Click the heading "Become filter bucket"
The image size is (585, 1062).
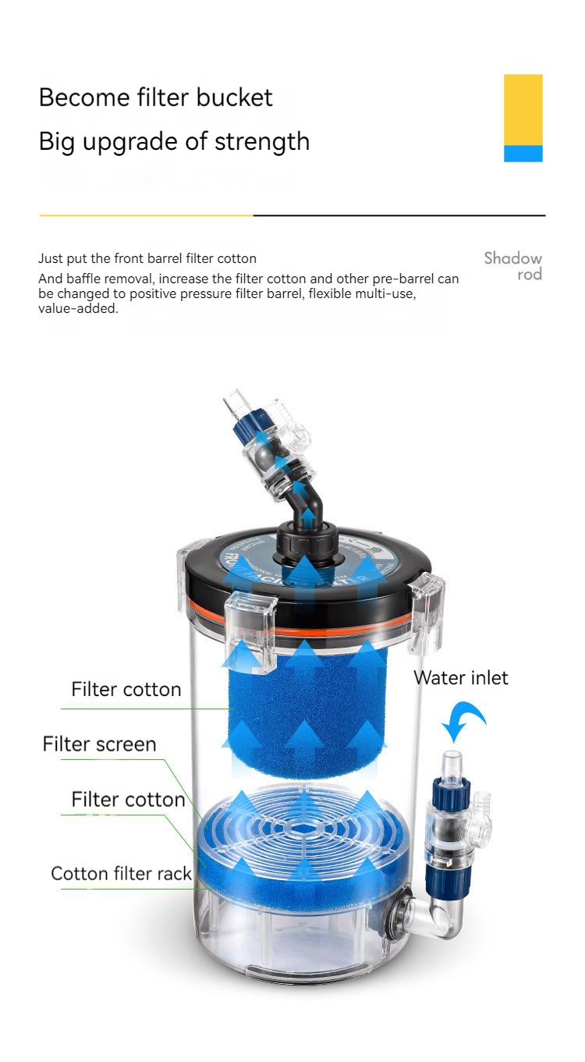[155, 98]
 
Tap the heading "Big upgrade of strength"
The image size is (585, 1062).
[174, 141]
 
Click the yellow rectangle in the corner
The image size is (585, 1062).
[523, 109]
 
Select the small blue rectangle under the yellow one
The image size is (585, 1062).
[523, 153]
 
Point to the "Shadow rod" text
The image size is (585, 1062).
[512, 265]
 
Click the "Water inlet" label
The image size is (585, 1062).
[460, 677]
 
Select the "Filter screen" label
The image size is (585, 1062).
[99, 744]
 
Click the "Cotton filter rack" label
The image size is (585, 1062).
[121, 873]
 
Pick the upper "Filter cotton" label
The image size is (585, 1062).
[126, 689]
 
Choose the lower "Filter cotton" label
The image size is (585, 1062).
[128, 799]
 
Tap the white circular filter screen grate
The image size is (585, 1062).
[304, 827]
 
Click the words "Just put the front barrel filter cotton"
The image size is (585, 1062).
[147, 258]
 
